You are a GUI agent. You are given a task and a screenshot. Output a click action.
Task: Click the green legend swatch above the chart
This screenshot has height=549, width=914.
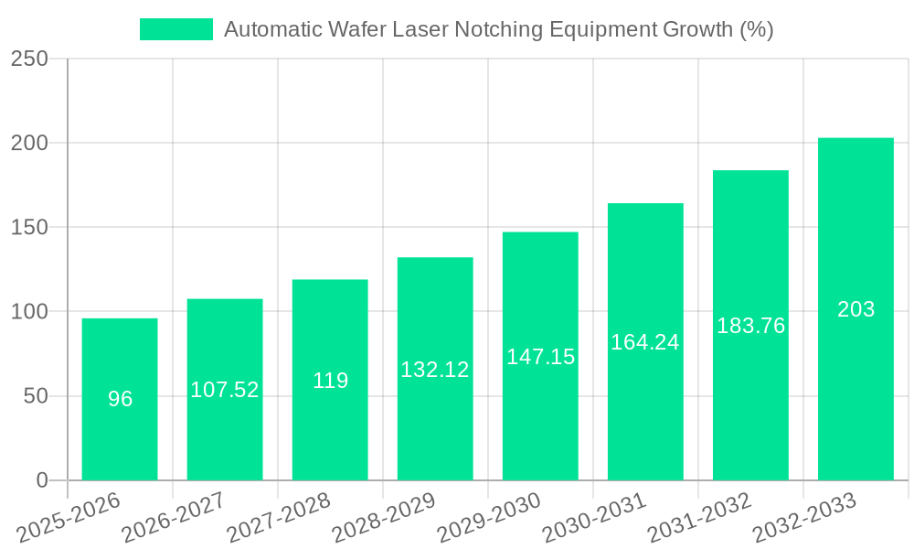(x=175, y=29)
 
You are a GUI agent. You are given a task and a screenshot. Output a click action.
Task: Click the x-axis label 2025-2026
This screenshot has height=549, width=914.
(x=69, y=516)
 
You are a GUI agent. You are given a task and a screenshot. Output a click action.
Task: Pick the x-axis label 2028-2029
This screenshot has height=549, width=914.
(x=385, y=516)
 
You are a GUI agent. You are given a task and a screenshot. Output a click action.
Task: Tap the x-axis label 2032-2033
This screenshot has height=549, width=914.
(x=805, y=516)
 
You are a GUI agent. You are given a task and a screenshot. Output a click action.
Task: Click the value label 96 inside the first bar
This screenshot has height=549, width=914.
(x=120, y=399)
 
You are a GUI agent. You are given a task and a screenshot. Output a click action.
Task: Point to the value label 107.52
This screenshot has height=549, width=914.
(x=225, y=390)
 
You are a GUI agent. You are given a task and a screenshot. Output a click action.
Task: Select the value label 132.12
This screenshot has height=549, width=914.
(x=435, y=370)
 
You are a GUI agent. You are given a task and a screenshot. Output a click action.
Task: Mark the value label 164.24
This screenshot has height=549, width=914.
(x=645, y=342)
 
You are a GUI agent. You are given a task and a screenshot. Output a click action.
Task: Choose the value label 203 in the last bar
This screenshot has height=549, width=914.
(x=856, y=309)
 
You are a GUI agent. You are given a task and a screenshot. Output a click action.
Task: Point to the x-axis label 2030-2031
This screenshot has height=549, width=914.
(x=595, y=516)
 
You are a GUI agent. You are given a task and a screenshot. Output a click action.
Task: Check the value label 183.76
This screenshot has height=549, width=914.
(x=750, y=326)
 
